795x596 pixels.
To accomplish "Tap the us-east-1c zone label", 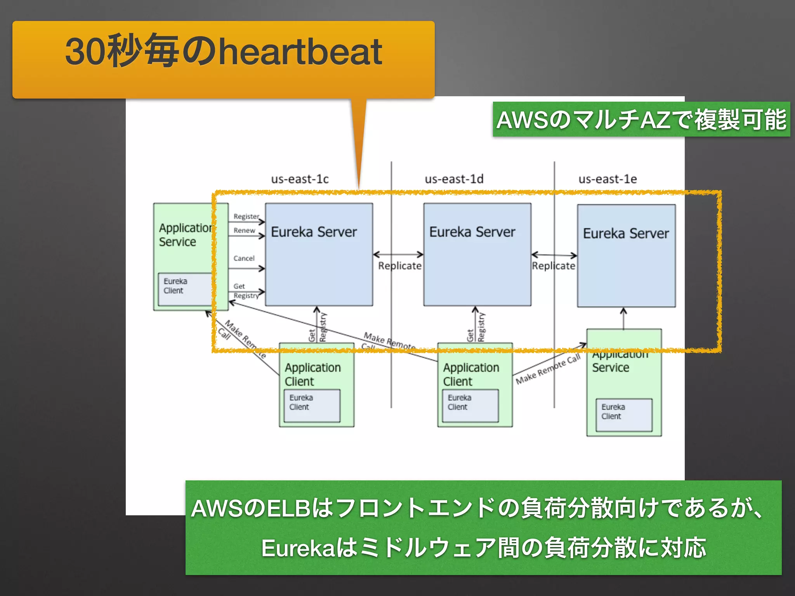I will click(x=300, y=179).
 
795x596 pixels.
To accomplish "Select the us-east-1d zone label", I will click(x=454, y=179).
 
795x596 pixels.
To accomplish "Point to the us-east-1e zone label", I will click(x=608, y=179).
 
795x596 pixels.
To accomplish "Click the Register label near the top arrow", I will click(x=246, y=216).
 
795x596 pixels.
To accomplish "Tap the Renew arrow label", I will click(x=244, y=230).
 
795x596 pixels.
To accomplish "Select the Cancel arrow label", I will click(x=244, y=258).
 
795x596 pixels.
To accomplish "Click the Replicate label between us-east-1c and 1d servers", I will click(x=399, y=266).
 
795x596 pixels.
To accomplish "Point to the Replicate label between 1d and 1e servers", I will click(x=554, y=266).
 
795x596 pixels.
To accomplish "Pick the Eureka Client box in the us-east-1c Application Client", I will click(x=312, y=405).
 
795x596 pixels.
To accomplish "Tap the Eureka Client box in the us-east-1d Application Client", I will click(x=470, y=405).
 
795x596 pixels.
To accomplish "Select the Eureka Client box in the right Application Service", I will click(x=624, y=414).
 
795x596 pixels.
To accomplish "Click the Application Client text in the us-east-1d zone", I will click(x=471, y=374).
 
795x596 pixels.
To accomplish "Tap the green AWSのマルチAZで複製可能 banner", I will click(x=641, y=120).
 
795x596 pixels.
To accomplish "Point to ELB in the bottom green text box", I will click(x=288, y=508).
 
